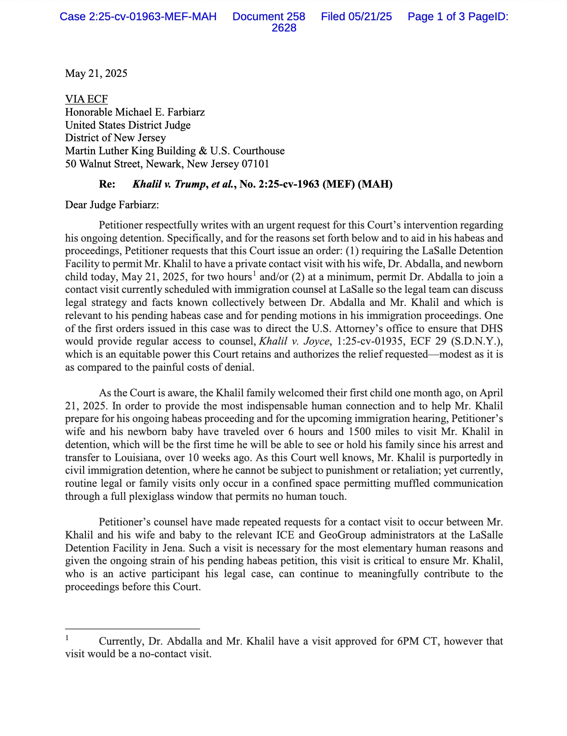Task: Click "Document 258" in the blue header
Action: click(269, 17)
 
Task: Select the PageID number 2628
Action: click(284, 28)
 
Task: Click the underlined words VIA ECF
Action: click(86, 99)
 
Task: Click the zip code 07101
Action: click(255, 164)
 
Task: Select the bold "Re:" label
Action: click(107, 184)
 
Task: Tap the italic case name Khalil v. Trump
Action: click(169, 184)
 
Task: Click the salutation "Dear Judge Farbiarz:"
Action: click(112, 205)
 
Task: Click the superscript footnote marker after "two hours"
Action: click(254, 273)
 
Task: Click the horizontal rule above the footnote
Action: click(132, 628)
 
